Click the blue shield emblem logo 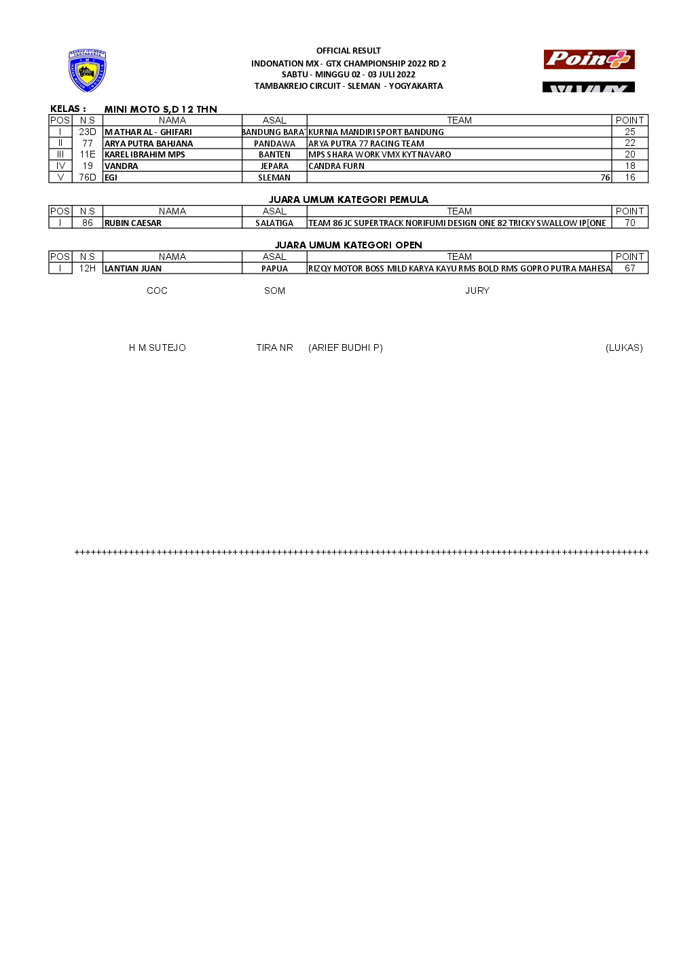coord(88,71)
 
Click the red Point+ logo coord(589,60)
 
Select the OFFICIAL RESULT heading coord(348,51)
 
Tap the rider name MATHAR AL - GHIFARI coord(148,132)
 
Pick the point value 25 coord(630,132)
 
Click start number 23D coord(88,132)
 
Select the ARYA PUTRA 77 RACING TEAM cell coord(366,144)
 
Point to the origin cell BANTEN coord(274,155)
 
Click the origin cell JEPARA coord(274,166)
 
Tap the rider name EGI coord(111,178)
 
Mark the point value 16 coord(630,178)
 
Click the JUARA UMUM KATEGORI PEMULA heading coord(348,200)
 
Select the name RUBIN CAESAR coord(133,223)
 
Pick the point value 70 coord(630,223)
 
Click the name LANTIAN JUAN coord(133,269)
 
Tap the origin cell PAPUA coord(274,269)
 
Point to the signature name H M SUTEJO coord(158,348)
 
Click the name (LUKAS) coord(624,348)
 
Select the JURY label coord(477,291)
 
